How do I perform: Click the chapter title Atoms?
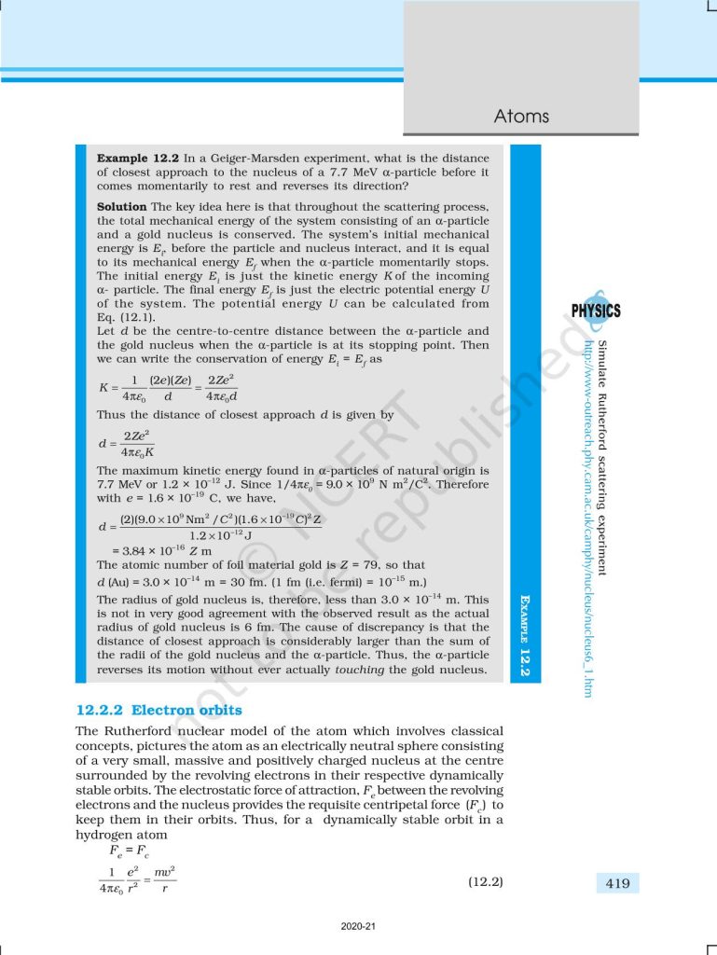tap(521, 117)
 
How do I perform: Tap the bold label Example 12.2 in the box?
tap(137, 159)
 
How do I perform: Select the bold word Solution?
tap(122, 206)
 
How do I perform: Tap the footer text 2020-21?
tap(358, 926)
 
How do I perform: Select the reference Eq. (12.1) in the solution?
tap(124, 317)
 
